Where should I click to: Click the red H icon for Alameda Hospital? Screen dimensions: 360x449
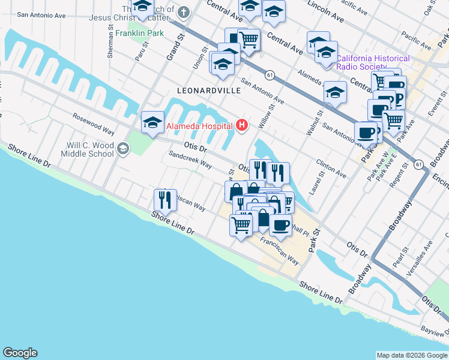point(242,125)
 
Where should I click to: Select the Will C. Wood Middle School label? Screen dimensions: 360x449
point(90,149)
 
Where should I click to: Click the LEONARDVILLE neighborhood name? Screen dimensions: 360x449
point(209,90)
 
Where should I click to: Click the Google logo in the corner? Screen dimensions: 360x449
point(20,353)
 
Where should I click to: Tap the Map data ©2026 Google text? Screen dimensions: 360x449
point(411,355)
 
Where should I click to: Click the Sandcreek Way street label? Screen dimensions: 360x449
point(190,159)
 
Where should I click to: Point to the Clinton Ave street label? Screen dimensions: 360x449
point(331,168)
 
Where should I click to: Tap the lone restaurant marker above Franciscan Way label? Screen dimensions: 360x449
point(165,199)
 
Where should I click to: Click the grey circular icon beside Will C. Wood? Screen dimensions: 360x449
point(123,149)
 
